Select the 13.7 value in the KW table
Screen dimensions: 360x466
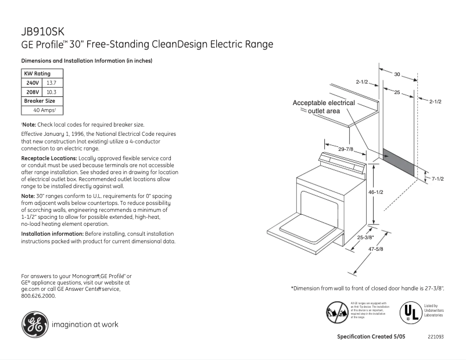coord(52,83)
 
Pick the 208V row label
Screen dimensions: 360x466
coord(33,92)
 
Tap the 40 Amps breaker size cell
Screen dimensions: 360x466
coord(44,110)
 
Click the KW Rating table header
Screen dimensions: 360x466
coord(37,74)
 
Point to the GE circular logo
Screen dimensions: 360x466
coord(34,324)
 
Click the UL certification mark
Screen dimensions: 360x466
coord(409,312)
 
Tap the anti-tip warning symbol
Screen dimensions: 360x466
coord(337,312)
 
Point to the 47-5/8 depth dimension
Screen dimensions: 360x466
coord(376,249)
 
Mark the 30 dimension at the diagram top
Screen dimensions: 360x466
coord(397,74)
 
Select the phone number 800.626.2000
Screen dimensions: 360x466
coord(38,296)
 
